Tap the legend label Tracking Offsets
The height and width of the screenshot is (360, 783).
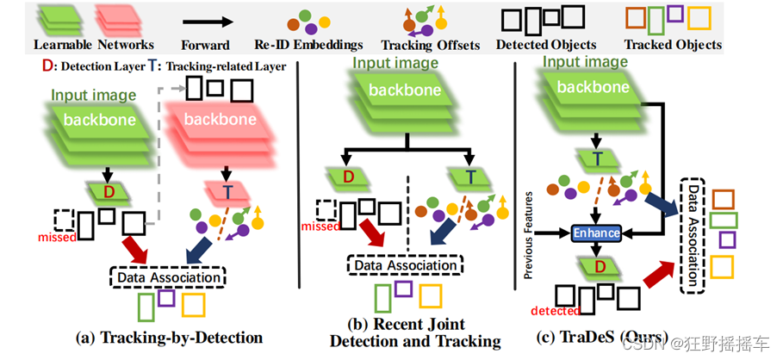pyautogui.click(x=430, y=45)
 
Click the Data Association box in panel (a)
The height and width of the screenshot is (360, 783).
pyautogui.click(x=167, y=276)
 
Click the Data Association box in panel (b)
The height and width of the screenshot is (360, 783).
pyautogui.click(x=405, y=266)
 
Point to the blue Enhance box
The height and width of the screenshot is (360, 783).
pyautogui.click(x=594, y=233)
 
